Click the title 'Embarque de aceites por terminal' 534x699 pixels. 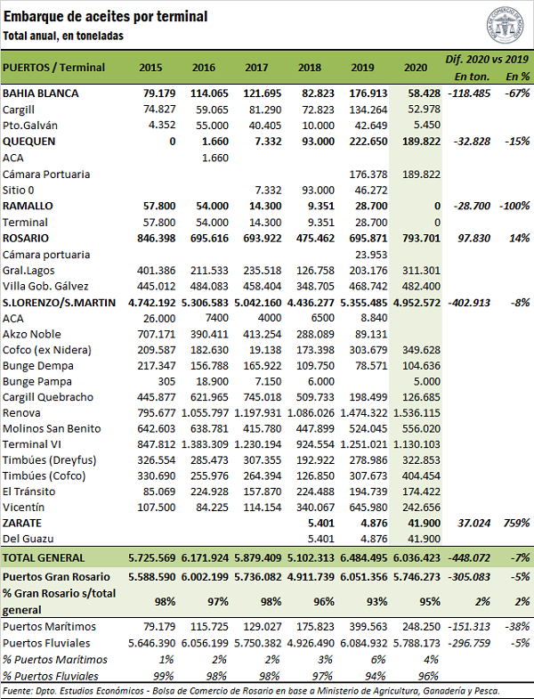coord(106,16)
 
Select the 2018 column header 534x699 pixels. coord(310,68)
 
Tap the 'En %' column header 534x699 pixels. coord(517,76)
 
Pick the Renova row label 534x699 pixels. coord(21,413)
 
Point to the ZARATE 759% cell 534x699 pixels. coord(516,522)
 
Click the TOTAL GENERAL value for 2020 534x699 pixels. coord(416,557)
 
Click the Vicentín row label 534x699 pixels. coord(24,506)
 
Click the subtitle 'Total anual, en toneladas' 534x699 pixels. coord(63,35)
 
